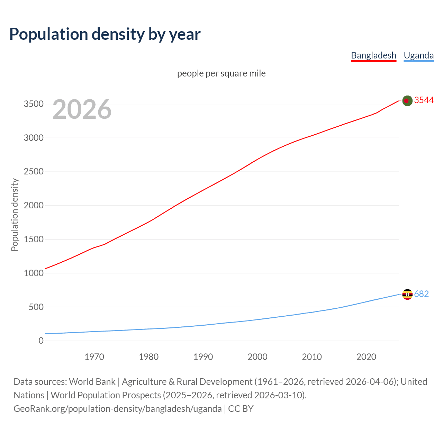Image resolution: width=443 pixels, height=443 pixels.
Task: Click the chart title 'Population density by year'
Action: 105,34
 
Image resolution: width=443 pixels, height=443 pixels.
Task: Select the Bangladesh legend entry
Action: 373,55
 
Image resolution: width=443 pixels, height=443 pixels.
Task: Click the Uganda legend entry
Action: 418,55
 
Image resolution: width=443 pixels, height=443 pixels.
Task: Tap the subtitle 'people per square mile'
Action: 221,74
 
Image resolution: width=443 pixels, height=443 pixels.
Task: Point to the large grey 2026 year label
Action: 82,109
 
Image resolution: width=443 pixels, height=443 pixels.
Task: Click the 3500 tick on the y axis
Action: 34,104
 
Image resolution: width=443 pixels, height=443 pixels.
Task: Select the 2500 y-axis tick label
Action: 34,172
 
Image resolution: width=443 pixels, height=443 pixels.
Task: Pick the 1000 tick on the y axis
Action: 34,273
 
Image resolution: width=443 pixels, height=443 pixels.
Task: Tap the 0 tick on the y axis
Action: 41,341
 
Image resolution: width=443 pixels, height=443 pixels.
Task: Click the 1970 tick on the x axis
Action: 94,357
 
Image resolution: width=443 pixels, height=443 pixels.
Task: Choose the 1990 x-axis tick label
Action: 203,357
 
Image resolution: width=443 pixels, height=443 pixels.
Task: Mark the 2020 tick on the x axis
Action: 366,357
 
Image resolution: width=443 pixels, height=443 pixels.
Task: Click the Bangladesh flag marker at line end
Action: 407,101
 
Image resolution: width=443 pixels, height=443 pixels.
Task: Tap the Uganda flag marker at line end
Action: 407,295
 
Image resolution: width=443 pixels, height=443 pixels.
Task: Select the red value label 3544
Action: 424,100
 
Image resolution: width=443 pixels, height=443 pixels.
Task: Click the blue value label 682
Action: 421,294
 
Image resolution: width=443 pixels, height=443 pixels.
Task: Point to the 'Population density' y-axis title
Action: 15,215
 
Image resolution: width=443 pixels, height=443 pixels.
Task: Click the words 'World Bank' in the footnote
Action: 92,382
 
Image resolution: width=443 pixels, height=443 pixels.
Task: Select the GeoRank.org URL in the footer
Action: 118,409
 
